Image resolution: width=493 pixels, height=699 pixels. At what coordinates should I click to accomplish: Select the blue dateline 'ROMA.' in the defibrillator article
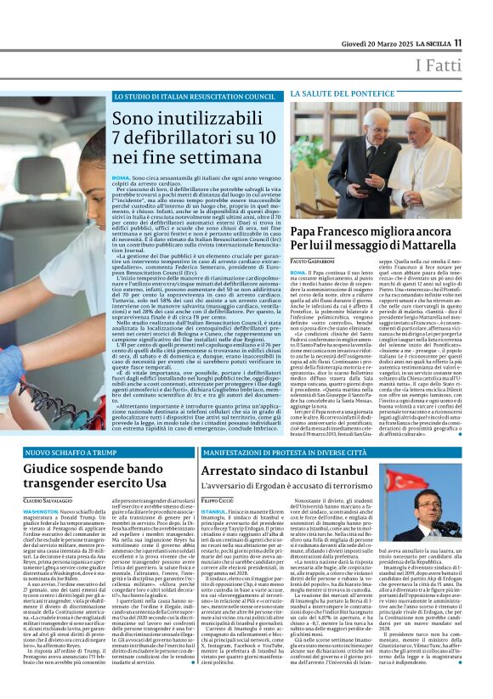point(121,176)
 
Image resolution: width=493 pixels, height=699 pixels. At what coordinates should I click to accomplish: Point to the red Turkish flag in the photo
point(407,510)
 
